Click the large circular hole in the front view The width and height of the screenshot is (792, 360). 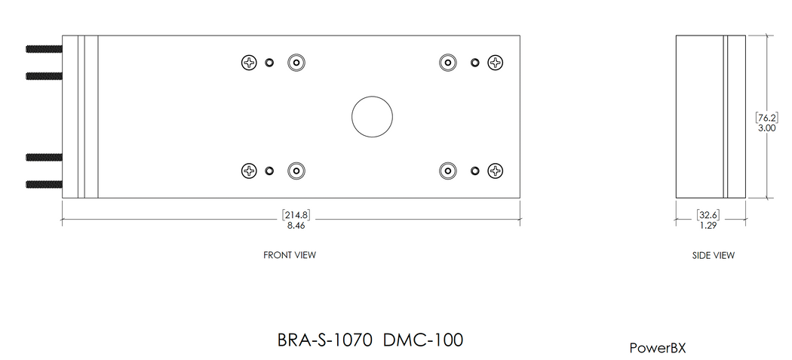tap(372, 117)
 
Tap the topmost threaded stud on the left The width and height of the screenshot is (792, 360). tap(44, 49)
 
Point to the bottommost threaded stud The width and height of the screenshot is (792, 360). tap(44, 183)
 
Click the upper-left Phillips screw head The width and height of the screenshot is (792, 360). tap(249, 63)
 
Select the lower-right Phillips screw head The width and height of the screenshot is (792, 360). tap(495, 171)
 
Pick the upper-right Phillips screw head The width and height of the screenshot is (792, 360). tap(495, 63)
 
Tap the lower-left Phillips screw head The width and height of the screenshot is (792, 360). tap(249, 171)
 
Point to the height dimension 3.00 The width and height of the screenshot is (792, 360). tap(767, 128)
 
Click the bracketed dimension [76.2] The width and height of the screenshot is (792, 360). tap(767, 117)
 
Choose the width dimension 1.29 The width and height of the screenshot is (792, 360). tap(708, 225)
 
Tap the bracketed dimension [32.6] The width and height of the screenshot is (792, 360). tap(708, 215)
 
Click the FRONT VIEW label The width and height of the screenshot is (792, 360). tap(289, 255)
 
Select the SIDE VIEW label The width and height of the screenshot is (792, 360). tap(713, 255)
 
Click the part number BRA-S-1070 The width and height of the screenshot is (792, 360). tap(326, 340)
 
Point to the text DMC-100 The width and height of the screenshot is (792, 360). tap(422, 340)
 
